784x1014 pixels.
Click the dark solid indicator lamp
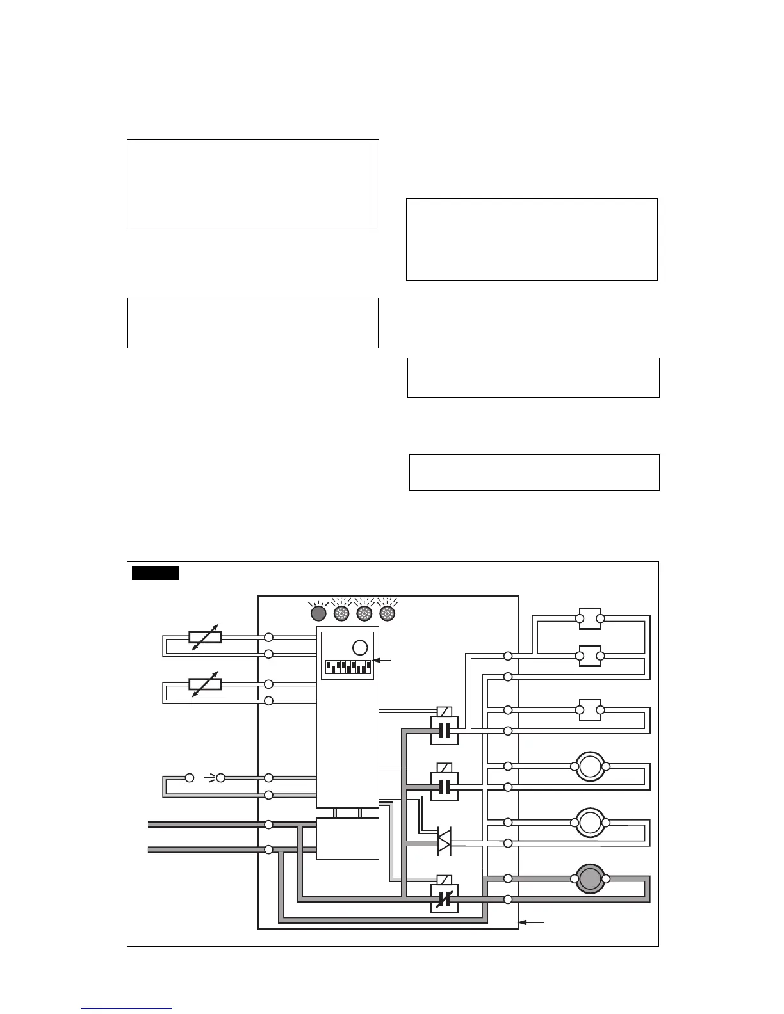tap(318, 613)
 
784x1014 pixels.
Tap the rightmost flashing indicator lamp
tap(387, 613)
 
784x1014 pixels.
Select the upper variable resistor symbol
tap(205, 637)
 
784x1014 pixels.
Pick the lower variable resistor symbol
tap(205, 684)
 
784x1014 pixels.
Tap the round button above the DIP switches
tap(360, 647)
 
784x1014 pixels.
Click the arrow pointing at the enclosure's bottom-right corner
tap(532, 922)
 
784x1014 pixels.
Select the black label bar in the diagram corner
tap(155, 572)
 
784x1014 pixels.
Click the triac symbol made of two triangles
tap(444, 841)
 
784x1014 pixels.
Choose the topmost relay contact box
tap(444, 730)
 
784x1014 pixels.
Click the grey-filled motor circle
tap(590, 878)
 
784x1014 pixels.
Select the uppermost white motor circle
tap(590, 766)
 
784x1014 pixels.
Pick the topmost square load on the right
tap(590, 618)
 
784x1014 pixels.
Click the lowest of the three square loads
tap(590, 710)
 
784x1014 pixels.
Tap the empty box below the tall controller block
tap(348, 839)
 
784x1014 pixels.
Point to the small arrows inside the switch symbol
tap(209, 778)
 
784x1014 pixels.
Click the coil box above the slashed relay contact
tap(444, 880)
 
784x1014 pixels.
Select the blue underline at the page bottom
tap(127, 1008)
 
